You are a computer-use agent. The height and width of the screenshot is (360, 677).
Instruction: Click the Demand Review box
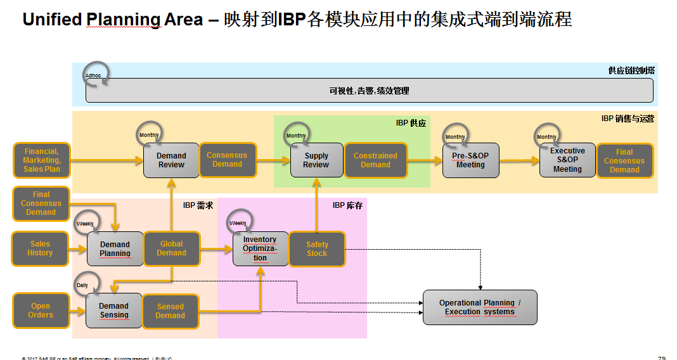click(171, 160)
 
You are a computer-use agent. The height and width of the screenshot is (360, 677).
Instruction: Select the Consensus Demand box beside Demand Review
click(227, 160)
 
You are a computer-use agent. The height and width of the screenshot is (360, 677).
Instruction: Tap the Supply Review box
click(316, 160)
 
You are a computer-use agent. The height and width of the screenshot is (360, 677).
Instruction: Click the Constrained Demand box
click(375, 160)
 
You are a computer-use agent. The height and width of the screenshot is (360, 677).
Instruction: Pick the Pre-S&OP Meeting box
click(470, 160)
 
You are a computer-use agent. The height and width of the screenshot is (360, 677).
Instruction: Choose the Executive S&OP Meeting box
click(567, 160)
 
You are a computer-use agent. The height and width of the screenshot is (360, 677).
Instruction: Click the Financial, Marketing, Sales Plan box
click(41, 160)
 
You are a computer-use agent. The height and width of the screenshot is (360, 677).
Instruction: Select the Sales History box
click(40, 248)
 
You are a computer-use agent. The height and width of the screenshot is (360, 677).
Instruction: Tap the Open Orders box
click(40, 311)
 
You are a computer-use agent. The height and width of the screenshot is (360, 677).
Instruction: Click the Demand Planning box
click(115, 249)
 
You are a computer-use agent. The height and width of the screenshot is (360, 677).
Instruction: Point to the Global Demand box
click(171, 248)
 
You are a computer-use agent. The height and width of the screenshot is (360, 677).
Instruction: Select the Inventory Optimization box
click(260, 249)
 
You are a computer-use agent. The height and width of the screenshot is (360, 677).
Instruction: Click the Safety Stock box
click(317, 249)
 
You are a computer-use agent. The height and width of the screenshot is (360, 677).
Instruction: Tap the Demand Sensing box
click(114, 311)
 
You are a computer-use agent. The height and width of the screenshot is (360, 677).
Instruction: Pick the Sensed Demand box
click(170, 311)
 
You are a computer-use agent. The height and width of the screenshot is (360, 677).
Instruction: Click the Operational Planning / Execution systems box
click(480, 307)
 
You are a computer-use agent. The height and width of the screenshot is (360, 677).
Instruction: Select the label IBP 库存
click(347, 205)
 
